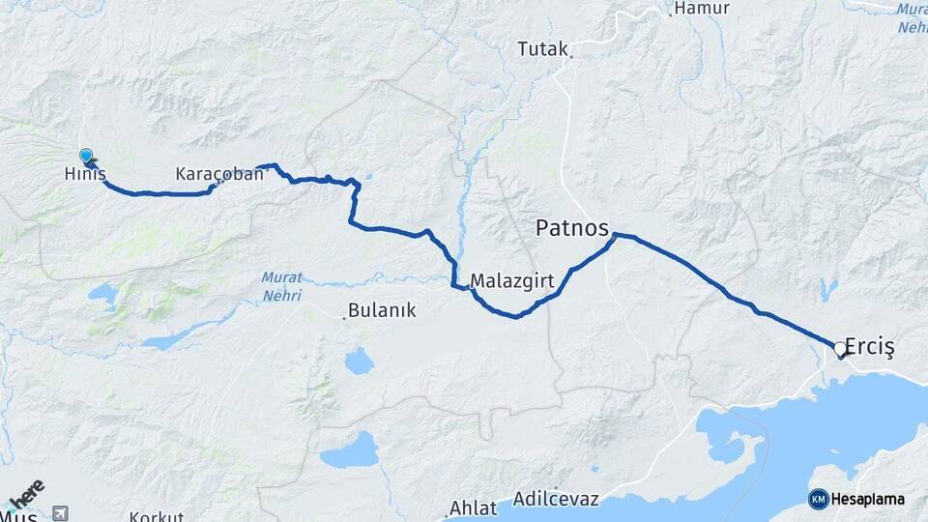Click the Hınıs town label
pos(84,175)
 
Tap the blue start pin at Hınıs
pos(86,156)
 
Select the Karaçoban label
pos(219,175)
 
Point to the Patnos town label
pos(573,228)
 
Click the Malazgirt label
pos(509,281)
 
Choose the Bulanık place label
pos(385,310)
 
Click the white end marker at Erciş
pos(839,352)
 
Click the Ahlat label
pos(475,507)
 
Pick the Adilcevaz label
pos(557,500)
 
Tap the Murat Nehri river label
pos(281,286)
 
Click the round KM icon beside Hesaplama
pos(818,499)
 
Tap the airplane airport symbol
pos(61,512)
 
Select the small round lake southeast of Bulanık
pos(359,362)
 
